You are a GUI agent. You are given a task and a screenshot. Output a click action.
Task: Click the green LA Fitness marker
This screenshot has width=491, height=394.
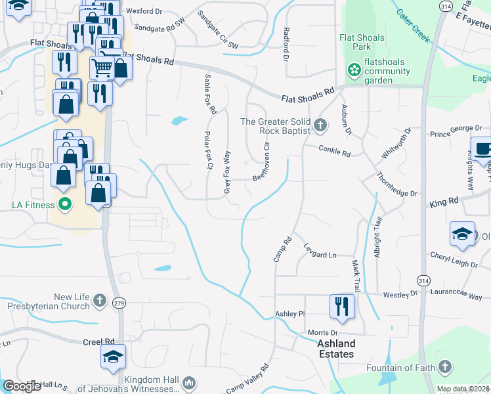[64, 204]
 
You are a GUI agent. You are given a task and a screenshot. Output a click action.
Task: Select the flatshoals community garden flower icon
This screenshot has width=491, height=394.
[355, 70]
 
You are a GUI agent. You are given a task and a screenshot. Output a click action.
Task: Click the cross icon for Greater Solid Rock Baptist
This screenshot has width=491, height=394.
[320, 125]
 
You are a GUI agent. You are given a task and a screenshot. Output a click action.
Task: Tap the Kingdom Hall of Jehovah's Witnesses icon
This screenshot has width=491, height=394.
[188, 382]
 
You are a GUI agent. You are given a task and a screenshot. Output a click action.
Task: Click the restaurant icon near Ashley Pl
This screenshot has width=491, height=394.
[341, 307]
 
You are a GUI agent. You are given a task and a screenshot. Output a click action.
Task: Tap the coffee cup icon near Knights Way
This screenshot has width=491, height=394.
[482, 148]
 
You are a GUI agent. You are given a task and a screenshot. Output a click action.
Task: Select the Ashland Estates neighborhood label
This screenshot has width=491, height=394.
[336, 349]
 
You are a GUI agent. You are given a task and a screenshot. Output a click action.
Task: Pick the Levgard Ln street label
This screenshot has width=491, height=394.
[320, 250]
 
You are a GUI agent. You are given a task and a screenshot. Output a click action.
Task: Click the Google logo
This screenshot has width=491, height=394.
[22, 386]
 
